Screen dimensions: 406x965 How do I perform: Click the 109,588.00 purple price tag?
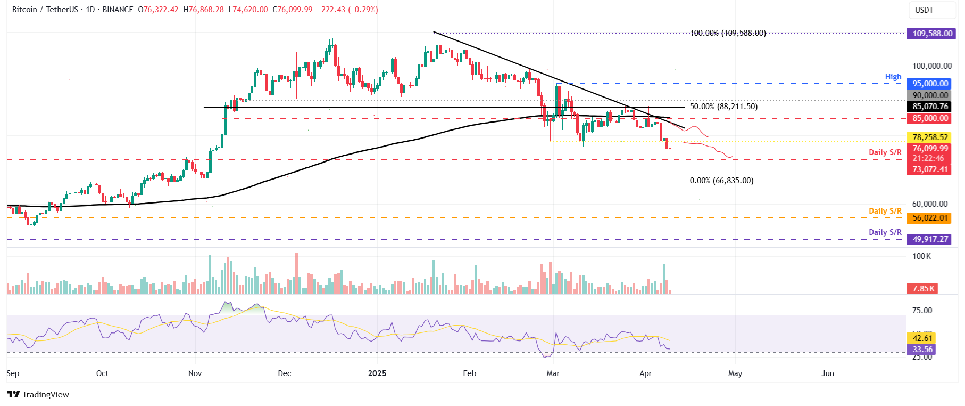[x=932, y=34]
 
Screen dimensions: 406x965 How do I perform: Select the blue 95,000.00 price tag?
[x=930, y=84]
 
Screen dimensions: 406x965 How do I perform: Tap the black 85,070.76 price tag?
[x=930, y=107]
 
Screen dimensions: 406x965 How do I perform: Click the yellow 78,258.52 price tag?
[x=930, y=137]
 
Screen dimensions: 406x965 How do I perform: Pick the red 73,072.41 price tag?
[x=930, y=169]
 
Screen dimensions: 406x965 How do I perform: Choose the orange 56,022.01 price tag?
[x=930, y=218]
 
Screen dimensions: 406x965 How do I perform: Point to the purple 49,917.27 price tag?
[x=930, y=239]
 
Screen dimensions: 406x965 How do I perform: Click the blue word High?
[x=893, y=77]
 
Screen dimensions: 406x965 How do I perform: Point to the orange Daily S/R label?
[x=885, y=211]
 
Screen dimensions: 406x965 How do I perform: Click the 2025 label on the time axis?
[x=377, y=373]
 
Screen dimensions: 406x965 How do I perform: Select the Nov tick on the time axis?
[x=195, y=373]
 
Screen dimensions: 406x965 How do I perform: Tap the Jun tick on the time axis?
[x=827, y=373]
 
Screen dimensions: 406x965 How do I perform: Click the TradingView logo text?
[x=45, y=394]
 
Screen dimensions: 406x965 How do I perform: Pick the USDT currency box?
[x=924, y=10]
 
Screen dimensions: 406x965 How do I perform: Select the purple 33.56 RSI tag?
[x=922, y=350]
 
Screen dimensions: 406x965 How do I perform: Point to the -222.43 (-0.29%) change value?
[x=347, y=10]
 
